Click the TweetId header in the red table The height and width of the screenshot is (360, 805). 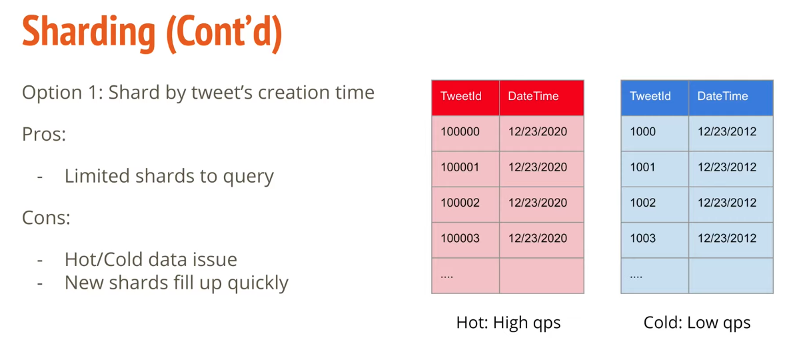click(461, 96)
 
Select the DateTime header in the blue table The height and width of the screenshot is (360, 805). click(723, 96)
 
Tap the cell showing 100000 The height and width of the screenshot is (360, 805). click(460, 131)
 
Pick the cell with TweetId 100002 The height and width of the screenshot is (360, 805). click(460, 203)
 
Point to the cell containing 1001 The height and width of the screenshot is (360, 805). click(643, 167)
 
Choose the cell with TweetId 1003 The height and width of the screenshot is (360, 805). click(643, 239)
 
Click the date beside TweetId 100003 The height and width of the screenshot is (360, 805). click(538, 239)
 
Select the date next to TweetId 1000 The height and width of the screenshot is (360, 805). click(727, 131)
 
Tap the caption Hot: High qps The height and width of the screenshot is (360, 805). click(508, 323)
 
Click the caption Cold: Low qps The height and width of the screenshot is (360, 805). click(697, 323)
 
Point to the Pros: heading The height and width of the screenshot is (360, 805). click(44, 135)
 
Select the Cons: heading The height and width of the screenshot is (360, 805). click(46, 218)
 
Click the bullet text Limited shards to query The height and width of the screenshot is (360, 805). click(169, 177)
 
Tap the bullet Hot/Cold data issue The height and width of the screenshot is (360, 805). click(151, 259)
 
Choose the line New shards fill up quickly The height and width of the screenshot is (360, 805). click(177, 283)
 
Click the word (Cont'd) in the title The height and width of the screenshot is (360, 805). click(225, 34)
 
